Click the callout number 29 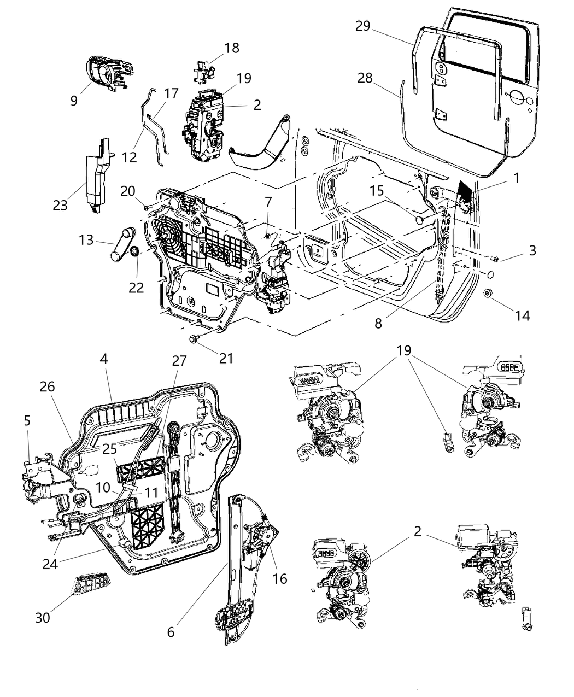point(363,26)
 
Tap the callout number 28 point(365,78)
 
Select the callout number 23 point(60,206)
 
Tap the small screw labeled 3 point(495,258)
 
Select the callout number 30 point(43,617)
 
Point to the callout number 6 point(171,631)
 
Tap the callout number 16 point(280,578)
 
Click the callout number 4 point(104,360)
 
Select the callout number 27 point(179,361)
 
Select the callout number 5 point(27,420)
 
